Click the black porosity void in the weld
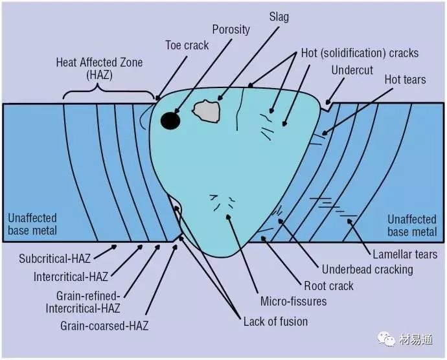(170, 120)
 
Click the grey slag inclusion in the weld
(208, 111)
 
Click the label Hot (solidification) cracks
(360, 52)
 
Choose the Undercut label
(352, 69)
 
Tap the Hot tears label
(405, 80)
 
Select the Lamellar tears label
(405, 254)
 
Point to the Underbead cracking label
(367, 269)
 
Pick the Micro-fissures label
(293, 301)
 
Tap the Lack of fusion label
(275, 321)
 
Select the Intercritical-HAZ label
(71, 278)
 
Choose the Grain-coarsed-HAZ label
(104, 326)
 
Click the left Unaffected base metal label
(32, 225)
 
